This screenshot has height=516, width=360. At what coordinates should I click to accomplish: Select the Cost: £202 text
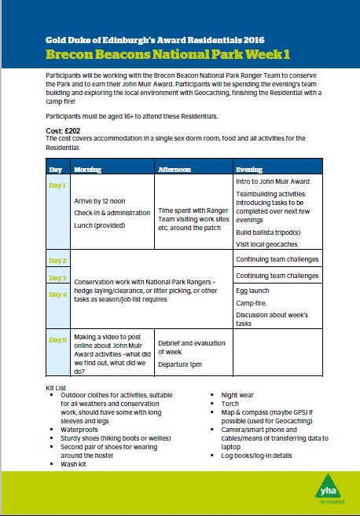click(64, 130)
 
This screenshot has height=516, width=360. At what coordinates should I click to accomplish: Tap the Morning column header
click(87, 169)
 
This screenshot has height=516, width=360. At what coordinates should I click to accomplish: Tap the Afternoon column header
click(174, 169)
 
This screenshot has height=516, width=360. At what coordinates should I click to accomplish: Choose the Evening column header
click(249, 169)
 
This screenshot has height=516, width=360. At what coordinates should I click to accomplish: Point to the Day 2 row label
click(58, 260)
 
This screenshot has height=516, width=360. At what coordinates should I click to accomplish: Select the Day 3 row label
click(58, 278)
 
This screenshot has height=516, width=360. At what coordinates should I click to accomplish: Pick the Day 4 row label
click(58, 294)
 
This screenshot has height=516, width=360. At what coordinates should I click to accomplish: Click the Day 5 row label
click(58, 339)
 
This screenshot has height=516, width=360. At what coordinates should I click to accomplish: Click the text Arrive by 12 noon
click(102, 201)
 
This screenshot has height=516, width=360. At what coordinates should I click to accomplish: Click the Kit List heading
click(60, 389)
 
